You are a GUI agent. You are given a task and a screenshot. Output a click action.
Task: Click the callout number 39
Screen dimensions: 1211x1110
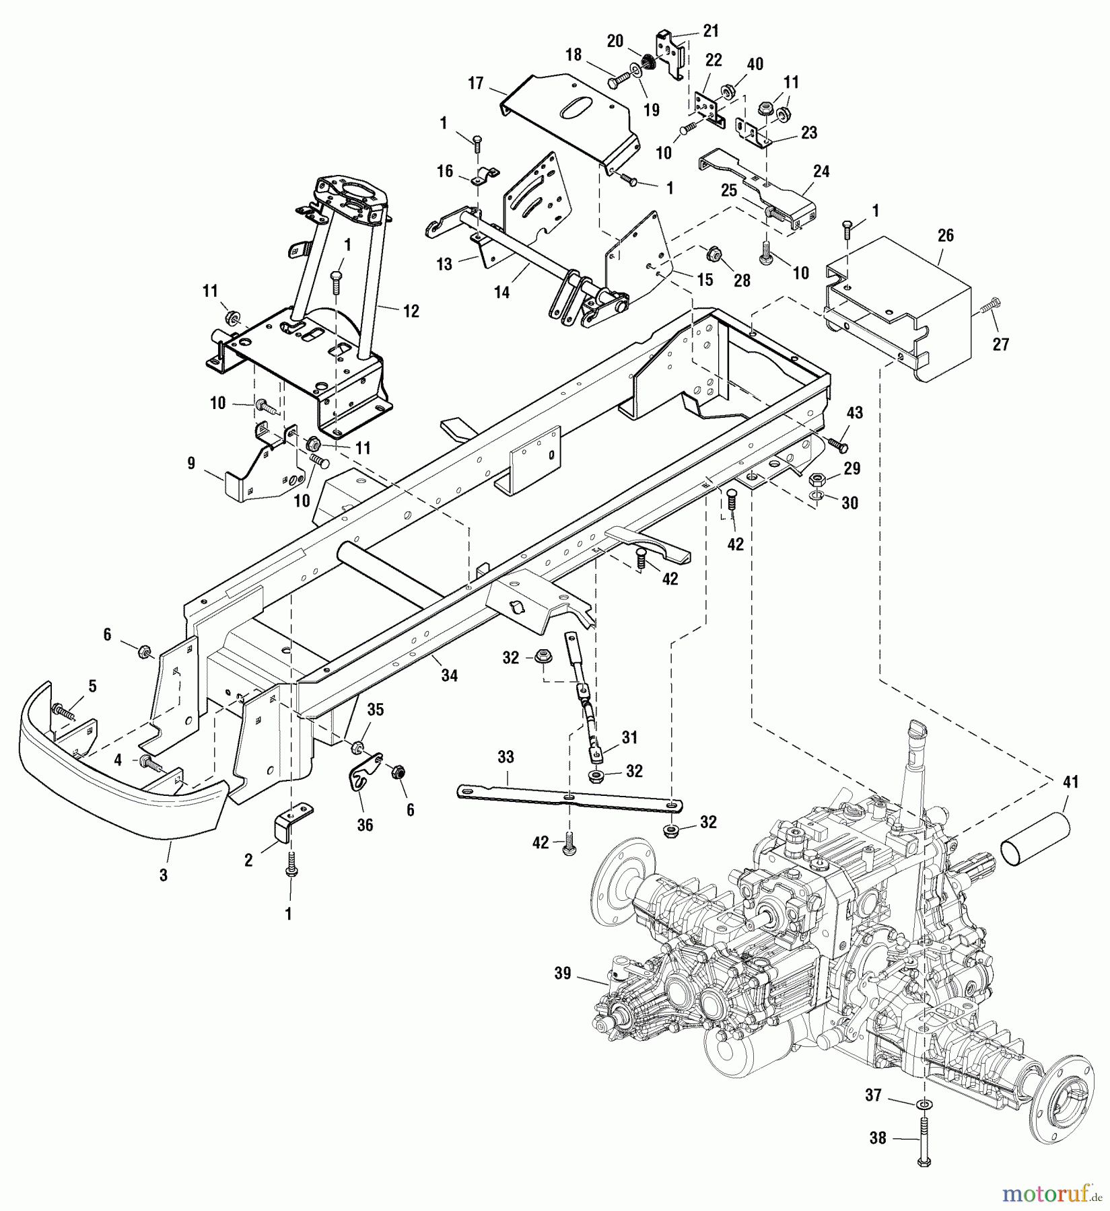point(562,974)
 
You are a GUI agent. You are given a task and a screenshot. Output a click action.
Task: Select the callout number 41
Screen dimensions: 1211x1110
point(1070,782)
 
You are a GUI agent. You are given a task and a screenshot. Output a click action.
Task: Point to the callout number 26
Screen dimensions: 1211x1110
point(946,236)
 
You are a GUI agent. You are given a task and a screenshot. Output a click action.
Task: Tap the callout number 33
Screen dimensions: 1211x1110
point(506,758)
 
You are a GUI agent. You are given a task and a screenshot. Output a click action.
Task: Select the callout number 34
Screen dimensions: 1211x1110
point(449,676)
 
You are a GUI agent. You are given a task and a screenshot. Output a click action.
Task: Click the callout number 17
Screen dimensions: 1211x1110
point(476,84)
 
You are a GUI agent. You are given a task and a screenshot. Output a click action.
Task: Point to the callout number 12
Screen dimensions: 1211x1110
point(411,311)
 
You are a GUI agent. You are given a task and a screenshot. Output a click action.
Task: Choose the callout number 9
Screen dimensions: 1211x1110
point(190,463)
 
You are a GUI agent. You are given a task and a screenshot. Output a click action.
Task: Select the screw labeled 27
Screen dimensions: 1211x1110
point(984,307)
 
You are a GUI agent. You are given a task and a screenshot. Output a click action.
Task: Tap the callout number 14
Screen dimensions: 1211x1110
point(502,292)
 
